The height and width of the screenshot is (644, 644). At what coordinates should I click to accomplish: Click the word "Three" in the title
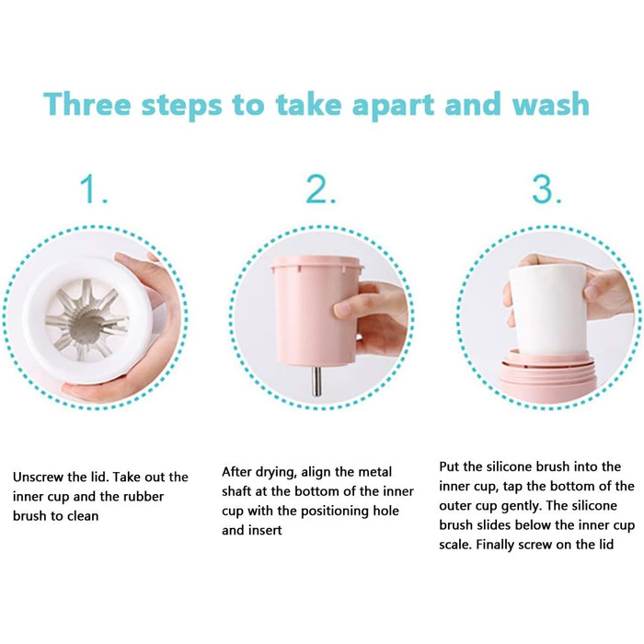click(x=87, y=104)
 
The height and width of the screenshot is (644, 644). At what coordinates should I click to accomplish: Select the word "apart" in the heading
click(x=393, y=106)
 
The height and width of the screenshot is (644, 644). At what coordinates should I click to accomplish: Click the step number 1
click(x=94, y=190)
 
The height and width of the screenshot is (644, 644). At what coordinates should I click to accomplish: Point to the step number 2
click(x=321, y=190)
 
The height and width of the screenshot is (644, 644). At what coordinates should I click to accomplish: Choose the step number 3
click(x=547, y=190)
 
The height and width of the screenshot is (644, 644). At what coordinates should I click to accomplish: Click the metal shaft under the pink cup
click(x=316, y=381)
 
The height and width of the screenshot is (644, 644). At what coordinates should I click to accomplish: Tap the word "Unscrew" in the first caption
click(x=38, y=477)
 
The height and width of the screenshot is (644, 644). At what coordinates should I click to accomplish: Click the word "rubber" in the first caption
click(x=144, y=497)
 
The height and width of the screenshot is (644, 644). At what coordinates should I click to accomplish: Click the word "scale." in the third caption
click(x=455, y=545)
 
